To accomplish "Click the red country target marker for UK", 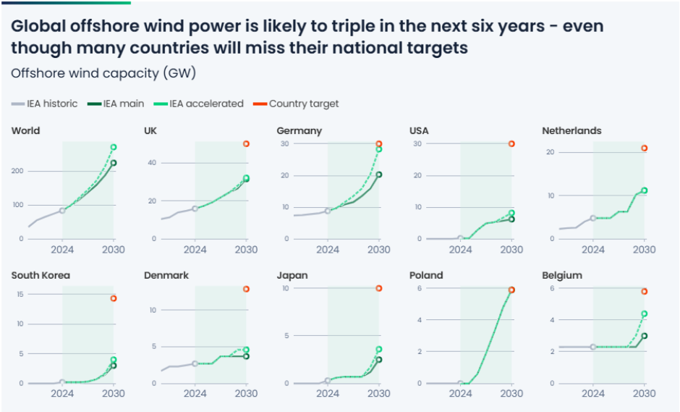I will tap(246, 144).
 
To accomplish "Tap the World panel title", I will tap(25, 131).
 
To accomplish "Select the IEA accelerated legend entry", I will tap(206, 104).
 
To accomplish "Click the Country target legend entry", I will tap(303, 104).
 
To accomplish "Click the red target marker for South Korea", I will tap(114, 298).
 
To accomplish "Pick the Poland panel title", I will tap(426, 275).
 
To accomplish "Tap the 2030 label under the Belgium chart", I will tap(643, 393).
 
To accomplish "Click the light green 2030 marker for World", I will tap(114, 147).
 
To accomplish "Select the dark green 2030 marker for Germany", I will tap(379, 175).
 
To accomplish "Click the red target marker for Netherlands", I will tap(644, 148).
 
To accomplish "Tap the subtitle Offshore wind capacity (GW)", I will tap(103, 73).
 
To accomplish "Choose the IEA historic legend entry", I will tap(51, 104).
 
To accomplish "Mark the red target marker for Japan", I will tap(379, 288).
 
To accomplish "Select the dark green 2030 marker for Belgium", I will tap(644, 336).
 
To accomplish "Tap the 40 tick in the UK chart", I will tap(152, 162).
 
